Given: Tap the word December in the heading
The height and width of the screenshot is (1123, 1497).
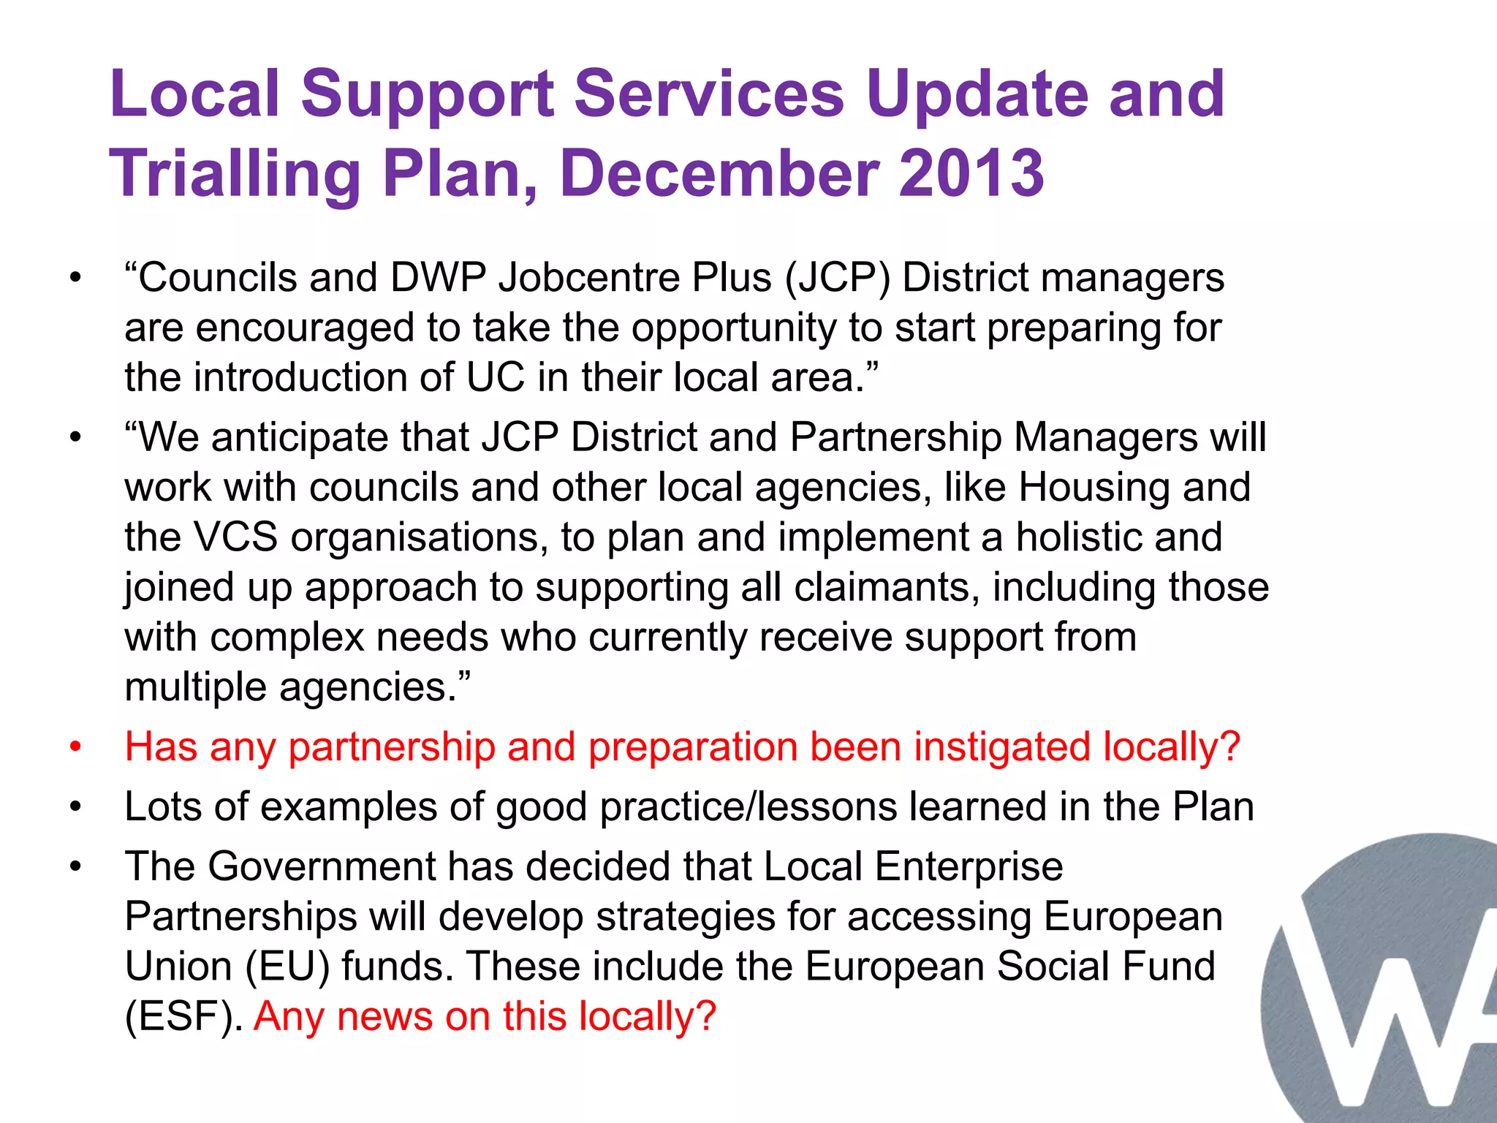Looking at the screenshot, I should point(721,173).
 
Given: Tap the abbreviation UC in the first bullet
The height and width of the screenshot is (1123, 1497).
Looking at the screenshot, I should point(495,378).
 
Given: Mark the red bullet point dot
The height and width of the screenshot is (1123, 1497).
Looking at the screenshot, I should point(75,747).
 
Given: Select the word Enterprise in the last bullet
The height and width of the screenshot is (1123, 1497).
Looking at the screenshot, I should point(969,867).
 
